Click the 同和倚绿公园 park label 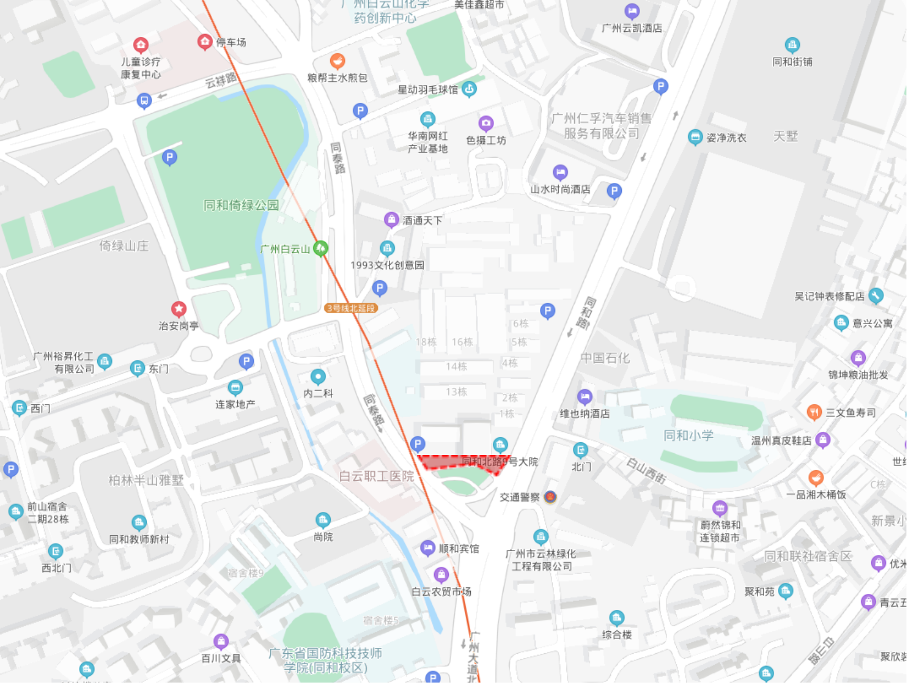click(241, 205)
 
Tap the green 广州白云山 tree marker click(320, 248)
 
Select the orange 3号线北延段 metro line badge click(351, 308)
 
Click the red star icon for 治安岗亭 click(179, 309)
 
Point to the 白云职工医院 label click(376, 476)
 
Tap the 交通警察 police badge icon click(550, 497)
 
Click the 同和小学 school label click(688, 436)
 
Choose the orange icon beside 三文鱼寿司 click(814, 412)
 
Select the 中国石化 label click(605, 358)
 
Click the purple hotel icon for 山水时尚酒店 click(560, 173)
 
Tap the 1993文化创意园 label click(387, 265)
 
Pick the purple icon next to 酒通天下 click(391, 220)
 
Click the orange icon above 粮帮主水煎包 click(337, 61)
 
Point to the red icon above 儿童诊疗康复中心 click(141, 45)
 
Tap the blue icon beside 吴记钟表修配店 click(876, 296)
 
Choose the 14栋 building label click(456, 366)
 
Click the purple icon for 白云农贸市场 click(441, 575)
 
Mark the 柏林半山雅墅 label click(146, 481)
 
